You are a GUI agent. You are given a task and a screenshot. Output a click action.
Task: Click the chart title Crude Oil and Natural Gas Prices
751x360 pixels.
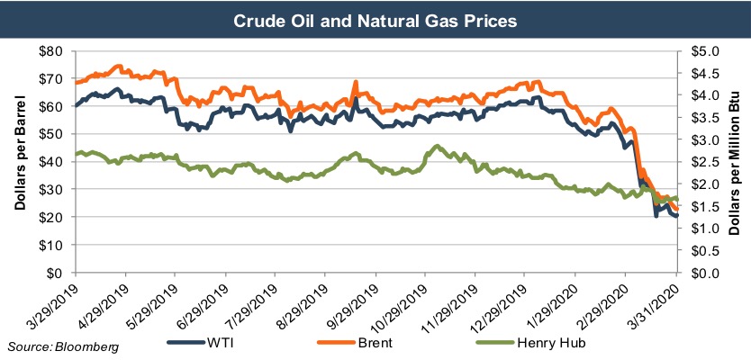375,18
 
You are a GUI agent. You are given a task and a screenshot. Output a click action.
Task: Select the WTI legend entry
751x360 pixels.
220,342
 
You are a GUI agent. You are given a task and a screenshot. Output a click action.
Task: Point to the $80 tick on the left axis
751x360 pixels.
52,50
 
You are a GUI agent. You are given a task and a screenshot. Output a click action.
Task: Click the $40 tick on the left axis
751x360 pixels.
52,162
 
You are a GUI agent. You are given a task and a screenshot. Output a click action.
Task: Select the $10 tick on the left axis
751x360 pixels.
52,245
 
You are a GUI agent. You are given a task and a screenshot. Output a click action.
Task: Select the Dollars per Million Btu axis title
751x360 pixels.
736,162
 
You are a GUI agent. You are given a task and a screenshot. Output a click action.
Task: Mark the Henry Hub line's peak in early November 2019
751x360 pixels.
437,146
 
